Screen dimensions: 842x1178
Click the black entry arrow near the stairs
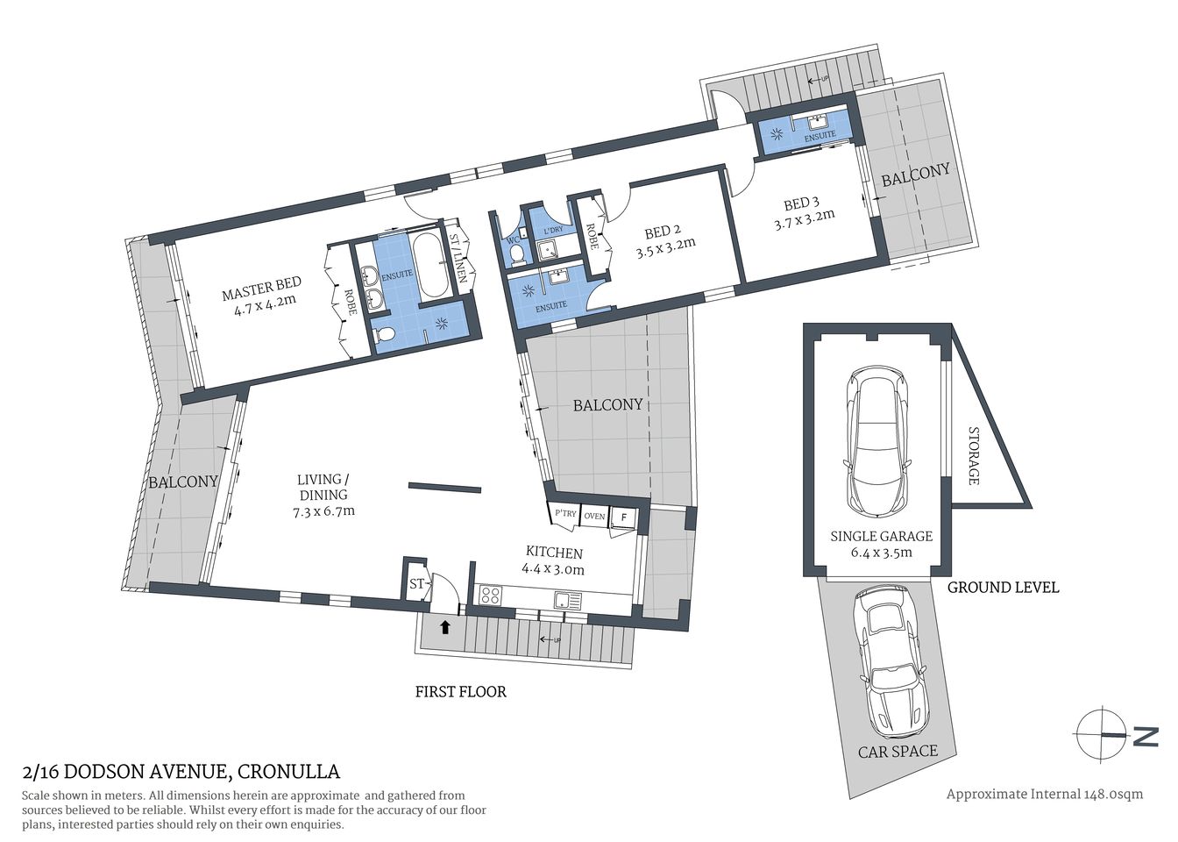coord(445,627)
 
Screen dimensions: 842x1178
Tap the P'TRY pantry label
coord(565,514)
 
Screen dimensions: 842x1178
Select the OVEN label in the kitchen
coord(594,517)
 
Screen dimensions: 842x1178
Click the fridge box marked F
coord(623,517)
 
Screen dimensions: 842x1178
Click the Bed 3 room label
coord(796,203)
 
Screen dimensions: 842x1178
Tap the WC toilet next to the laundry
coord(516,253)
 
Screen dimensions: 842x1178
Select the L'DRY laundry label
coord(552,230)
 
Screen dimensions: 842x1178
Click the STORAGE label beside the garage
coord(973,455)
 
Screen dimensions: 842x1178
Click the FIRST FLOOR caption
coord(460,692)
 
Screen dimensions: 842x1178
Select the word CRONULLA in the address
coord(288,772)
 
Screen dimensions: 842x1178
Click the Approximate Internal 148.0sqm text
coord(1044,794)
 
